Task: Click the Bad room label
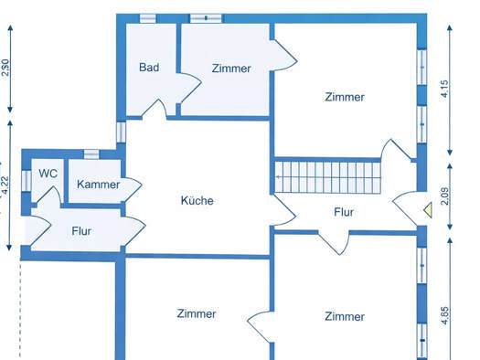(x=149, y=68)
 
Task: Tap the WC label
(x=48, y=174)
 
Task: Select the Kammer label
(x=98, y=185)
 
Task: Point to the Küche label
(x=197, y=201)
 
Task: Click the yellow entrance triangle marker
(x=429, y=210)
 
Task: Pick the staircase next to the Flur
(x=327, y=177)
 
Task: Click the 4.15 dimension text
(x=444, y=89)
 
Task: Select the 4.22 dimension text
(x=5, y=185)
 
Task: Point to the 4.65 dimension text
(x=444, y=315)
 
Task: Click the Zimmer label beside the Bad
(x=231, y=69)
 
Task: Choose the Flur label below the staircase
(x=344, y=212)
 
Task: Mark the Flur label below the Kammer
(x=81, y=231)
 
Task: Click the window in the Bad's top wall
(x=148, y=18)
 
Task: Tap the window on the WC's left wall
(x=27, y=180)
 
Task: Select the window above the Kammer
(x=91, y=154)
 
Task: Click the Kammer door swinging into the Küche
(x=133, y=186)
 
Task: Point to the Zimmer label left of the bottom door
(x=197, y=313)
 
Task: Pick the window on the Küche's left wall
(x=122, y=132)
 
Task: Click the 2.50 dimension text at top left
(x=5, y=68)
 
